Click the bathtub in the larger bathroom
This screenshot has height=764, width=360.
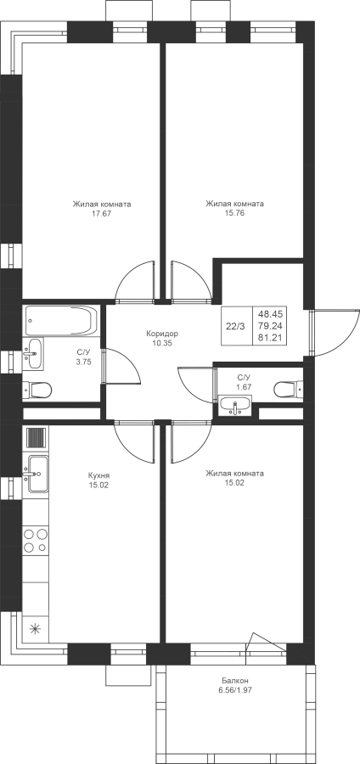(x=60, y=321)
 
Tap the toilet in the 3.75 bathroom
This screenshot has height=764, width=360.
(x=38, y=390)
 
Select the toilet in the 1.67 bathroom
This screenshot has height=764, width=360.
(x=288, y=390)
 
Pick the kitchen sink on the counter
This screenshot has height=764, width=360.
(x=37, y=473)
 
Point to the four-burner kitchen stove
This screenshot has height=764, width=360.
(x=36, y=541)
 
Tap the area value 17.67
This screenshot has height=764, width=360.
(x=102, y=213)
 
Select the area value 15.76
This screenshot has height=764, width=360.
(x=235, y=213)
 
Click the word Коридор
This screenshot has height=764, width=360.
(x=162, y=334)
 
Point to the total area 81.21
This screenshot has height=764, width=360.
(x=273, y=337)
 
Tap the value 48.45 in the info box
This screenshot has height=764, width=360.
(x=273, y=315)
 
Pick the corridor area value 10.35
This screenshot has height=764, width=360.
(x=162, y=343)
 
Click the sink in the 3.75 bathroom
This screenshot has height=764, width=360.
(x=33, y=353)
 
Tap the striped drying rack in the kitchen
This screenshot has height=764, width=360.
(x=37, y=437)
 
